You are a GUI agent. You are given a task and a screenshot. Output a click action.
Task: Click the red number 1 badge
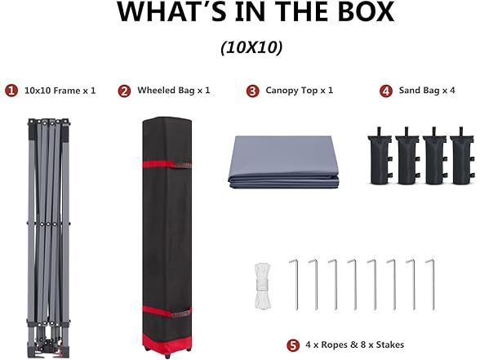(11, 91)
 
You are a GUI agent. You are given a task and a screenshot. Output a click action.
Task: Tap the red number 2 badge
(124, 91)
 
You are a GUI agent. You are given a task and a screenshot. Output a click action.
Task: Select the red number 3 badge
(252, 91)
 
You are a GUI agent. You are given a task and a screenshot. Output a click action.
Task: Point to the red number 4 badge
(386, 91)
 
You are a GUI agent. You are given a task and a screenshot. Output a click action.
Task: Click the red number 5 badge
(293, 345)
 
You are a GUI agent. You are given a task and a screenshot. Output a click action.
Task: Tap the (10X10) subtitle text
(251, 47)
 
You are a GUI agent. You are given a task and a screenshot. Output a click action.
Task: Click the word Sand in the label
(410, 91)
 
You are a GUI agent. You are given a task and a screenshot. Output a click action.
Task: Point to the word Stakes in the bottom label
(390, 344)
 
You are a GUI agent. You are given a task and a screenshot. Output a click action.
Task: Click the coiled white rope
(262, 287)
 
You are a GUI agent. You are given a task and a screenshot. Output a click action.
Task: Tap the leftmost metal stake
(294, 284)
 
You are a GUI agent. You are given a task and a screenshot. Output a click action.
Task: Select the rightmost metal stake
(430, 284)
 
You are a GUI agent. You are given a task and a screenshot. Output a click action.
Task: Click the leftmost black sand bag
(380, 157)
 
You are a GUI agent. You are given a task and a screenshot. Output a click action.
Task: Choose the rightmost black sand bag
(462, 157)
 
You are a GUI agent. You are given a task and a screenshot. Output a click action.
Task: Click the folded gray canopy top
(284, 162)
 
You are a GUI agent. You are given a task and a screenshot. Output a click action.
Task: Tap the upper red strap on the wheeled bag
(167, 164)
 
